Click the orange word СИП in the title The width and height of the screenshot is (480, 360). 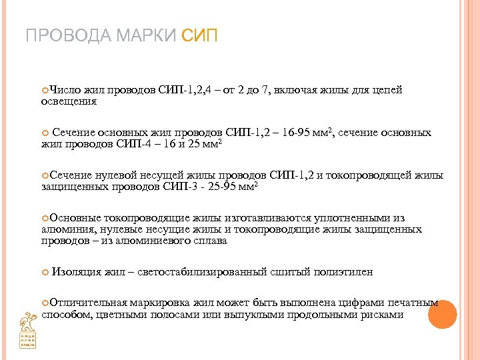click(199, 35)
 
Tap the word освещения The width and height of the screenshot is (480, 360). click(69, 102)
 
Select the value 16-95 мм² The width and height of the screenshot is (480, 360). click(304, 133)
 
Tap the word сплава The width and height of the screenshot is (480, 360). click(212, 241)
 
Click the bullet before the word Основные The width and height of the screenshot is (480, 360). click(45, 218)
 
